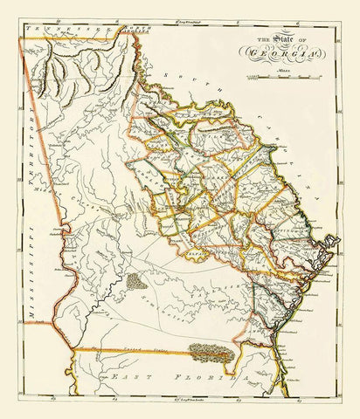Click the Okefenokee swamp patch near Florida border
211,351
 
